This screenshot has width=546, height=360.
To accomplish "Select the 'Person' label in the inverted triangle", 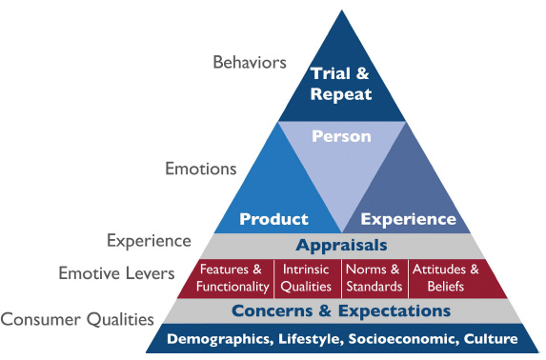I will (341, 136).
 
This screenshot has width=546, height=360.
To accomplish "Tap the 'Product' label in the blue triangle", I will (273, 219).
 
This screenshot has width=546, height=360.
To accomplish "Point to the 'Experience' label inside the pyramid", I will (409, 219).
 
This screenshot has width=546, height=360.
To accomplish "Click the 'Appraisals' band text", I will (341, 245).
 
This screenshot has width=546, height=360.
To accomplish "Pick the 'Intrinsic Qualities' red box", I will (307, 277).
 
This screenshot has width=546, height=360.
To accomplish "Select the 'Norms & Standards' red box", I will (374, 277).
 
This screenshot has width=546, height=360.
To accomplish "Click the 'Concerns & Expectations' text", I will (341, 310).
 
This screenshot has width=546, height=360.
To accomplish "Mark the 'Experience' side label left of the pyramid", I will (148, 240).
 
